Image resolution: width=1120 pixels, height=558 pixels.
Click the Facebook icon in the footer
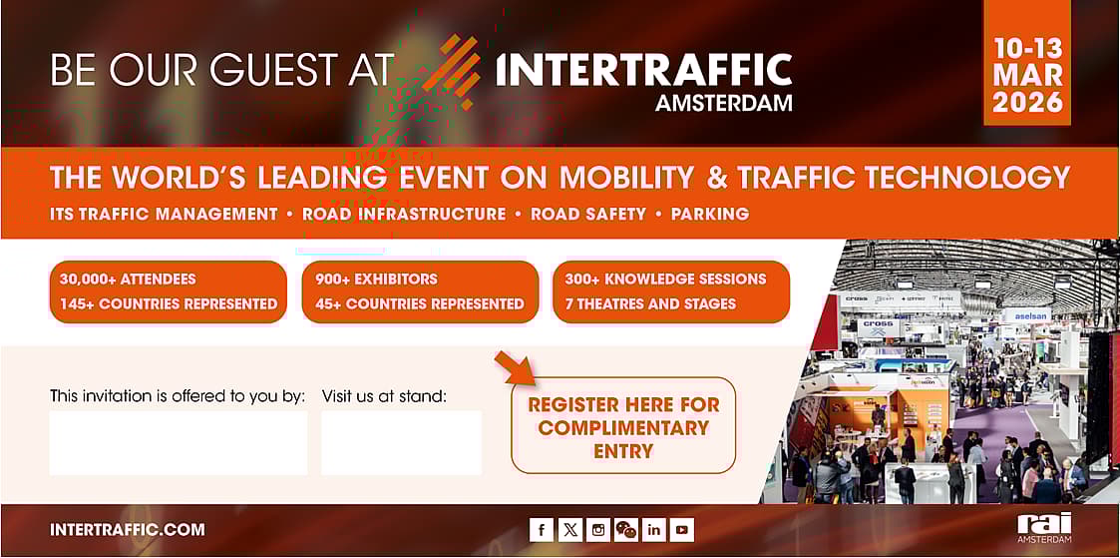point(541,530)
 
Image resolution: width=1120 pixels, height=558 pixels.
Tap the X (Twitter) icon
point(569,530)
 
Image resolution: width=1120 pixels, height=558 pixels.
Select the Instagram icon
point(597,530)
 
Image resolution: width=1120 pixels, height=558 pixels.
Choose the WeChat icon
point(625,530)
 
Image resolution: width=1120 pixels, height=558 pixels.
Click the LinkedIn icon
point(654,530)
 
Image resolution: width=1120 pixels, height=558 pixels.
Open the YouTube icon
point(682,530)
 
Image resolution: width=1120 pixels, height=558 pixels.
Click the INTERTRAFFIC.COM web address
point(128,530)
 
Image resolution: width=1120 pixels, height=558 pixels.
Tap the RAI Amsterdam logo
point(1043,528)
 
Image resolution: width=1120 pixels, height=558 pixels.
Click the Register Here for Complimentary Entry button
point(623,427)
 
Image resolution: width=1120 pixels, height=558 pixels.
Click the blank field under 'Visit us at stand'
point(401,442)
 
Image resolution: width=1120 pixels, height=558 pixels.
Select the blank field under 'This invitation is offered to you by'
point(179,442)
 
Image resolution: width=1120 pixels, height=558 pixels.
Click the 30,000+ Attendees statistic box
point(168,291)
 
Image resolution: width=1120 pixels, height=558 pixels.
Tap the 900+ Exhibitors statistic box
point(420,291)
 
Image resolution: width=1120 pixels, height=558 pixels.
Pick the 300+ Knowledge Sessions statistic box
point(671,291)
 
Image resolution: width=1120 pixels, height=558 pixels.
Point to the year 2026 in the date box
point(1027,102)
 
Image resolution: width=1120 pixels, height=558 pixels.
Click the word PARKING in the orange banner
point(709,214)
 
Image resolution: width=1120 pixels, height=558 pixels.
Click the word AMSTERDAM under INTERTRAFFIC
point(723,103)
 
